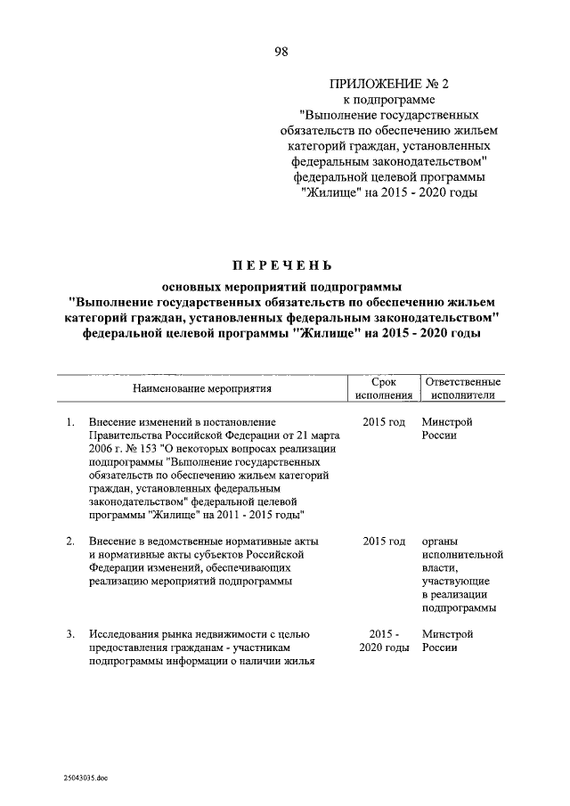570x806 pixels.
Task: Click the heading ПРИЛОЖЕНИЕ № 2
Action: click(x=390, y=85)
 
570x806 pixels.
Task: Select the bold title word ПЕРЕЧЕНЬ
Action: click(x=281, y=264)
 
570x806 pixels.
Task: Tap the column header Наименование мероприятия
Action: click(x=201, y=388)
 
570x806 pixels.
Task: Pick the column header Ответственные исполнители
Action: click(x=462, y=388)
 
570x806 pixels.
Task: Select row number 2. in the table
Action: click(x=69, y=541)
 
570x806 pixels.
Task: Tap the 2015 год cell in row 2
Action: click(x=384, y=541)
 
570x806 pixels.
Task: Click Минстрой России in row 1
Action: click(x=447, y=428)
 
